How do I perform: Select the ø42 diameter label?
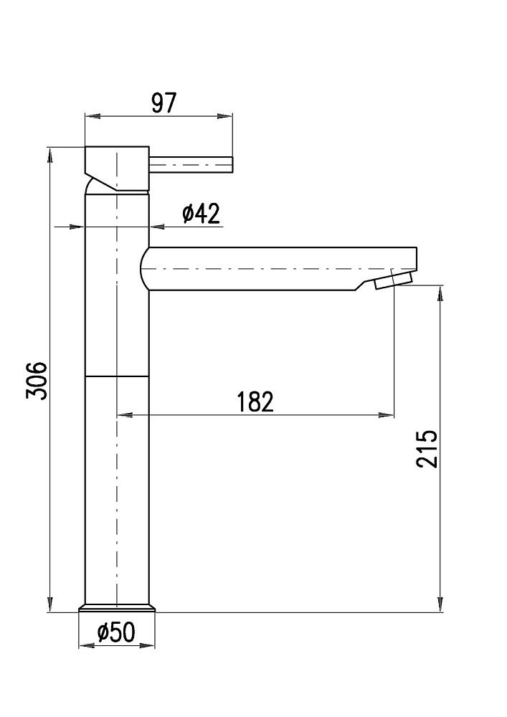[x=202, y=214]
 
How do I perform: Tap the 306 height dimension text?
[x=37, y=381]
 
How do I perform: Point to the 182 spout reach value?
[x=255, y=402]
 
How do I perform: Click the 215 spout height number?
[x=427, y=449]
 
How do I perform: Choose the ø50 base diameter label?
[x=116, y=632]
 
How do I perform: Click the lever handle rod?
[x=191, y=165]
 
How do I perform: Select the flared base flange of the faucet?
[x=117, y=608]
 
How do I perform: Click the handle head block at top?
[x=117, y=168]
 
